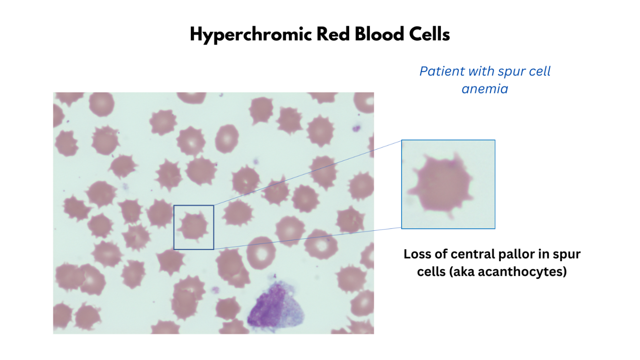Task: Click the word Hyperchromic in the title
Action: [251, 35]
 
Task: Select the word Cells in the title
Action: [429, 34]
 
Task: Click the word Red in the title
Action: [333, 34]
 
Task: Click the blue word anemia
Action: [485, 89]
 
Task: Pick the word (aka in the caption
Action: [462, 272]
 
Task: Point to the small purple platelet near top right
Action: [356, 128]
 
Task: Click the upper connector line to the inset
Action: [308, 172]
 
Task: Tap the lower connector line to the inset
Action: [308, 239]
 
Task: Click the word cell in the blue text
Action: [539, 71]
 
